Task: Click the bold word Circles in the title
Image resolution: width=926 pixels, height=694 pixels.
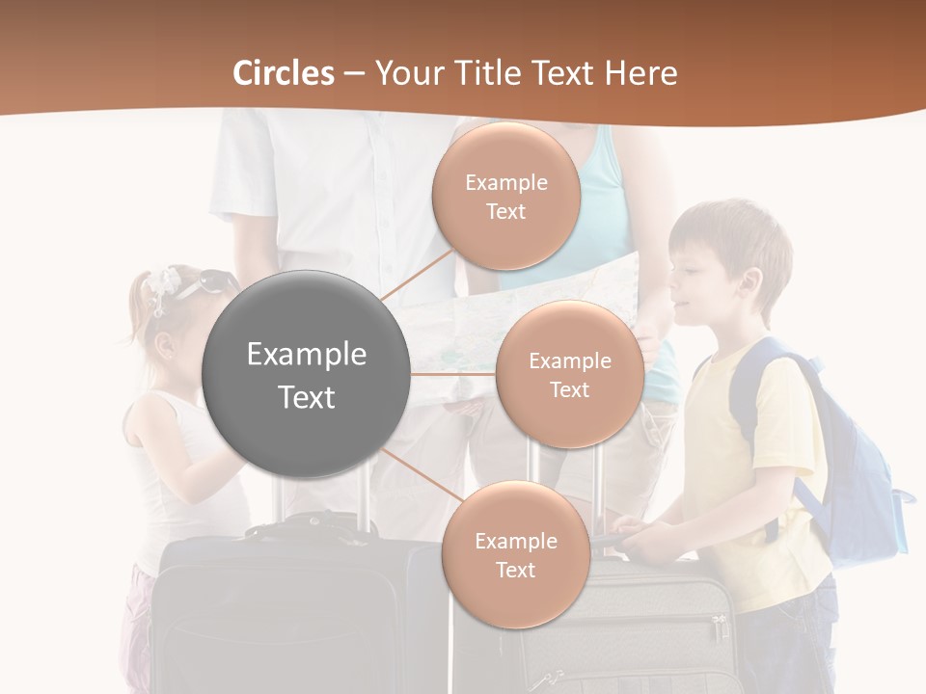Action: pyautogui.click(x=283, y=73)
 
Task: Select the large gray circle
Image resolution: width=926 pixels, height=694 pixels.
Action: pyautogui.click(x=306, y=374)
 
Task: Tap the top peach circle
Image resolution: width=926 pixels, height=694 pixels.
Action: pyautogui.click(x=505, y=197)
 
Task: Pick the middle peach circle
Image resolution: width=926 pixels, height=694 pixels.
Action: pyautogui.click(x=569, y=374)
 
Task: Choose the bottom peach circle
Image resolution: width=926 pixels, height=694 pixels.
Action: pyautogui.click(x=515, y=555)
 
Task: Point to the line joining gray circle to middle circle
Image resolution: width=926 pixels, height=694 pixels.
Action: pyautogui.click(x=453, y=374)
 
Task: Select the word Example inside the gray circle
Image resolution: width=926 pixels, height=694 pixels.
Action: pyautogui.click(x=306, y=355)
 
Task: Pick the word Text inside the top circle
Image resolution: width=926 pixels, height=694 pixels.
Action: pyautogui.click(x=505, y=212)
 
